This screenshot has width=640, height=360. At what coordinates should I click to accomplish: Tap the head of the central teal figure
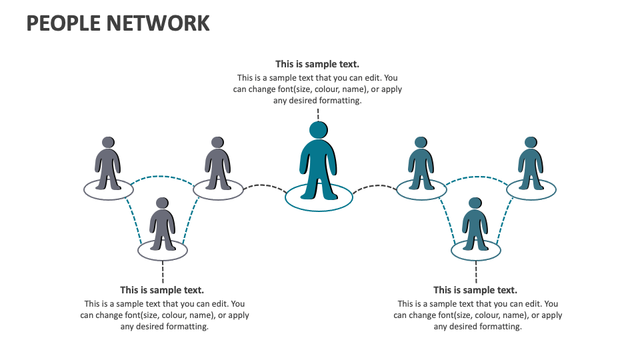(319, 130)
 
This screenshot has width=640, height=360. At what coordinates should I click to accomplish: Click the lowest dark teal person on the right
(475, 227)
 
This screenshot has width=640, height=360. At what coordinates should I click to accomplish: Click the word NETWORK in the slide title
(157, 23)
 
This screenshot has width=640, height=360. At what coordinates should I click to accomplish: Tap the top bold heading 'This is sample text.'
(317, 64)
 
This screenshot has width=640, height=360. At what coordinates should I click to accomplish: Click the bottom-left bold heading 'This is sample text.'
(162, 290)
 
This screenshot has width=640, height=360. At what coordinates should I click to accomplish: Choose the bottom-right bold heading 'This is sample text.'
(475, 290)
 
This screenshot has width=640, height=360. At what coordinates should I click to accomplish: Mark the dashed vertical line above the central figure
(318, 114)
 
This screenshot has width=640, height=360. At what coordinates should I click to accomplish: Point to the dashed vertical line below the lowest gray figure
(163, 272)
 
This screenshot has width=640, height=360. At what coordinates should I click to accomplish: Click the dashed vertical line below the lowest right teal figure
(476, 272)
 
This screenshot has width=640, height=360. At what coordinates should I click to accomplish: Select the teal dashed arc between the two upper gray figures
(163, 177)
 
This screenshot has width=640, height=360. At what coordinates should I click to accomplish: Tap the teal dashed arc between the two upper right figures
(476, 177)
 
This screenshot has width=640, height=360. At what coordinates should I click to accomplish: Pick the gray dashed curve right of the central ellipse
(374, 187)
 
